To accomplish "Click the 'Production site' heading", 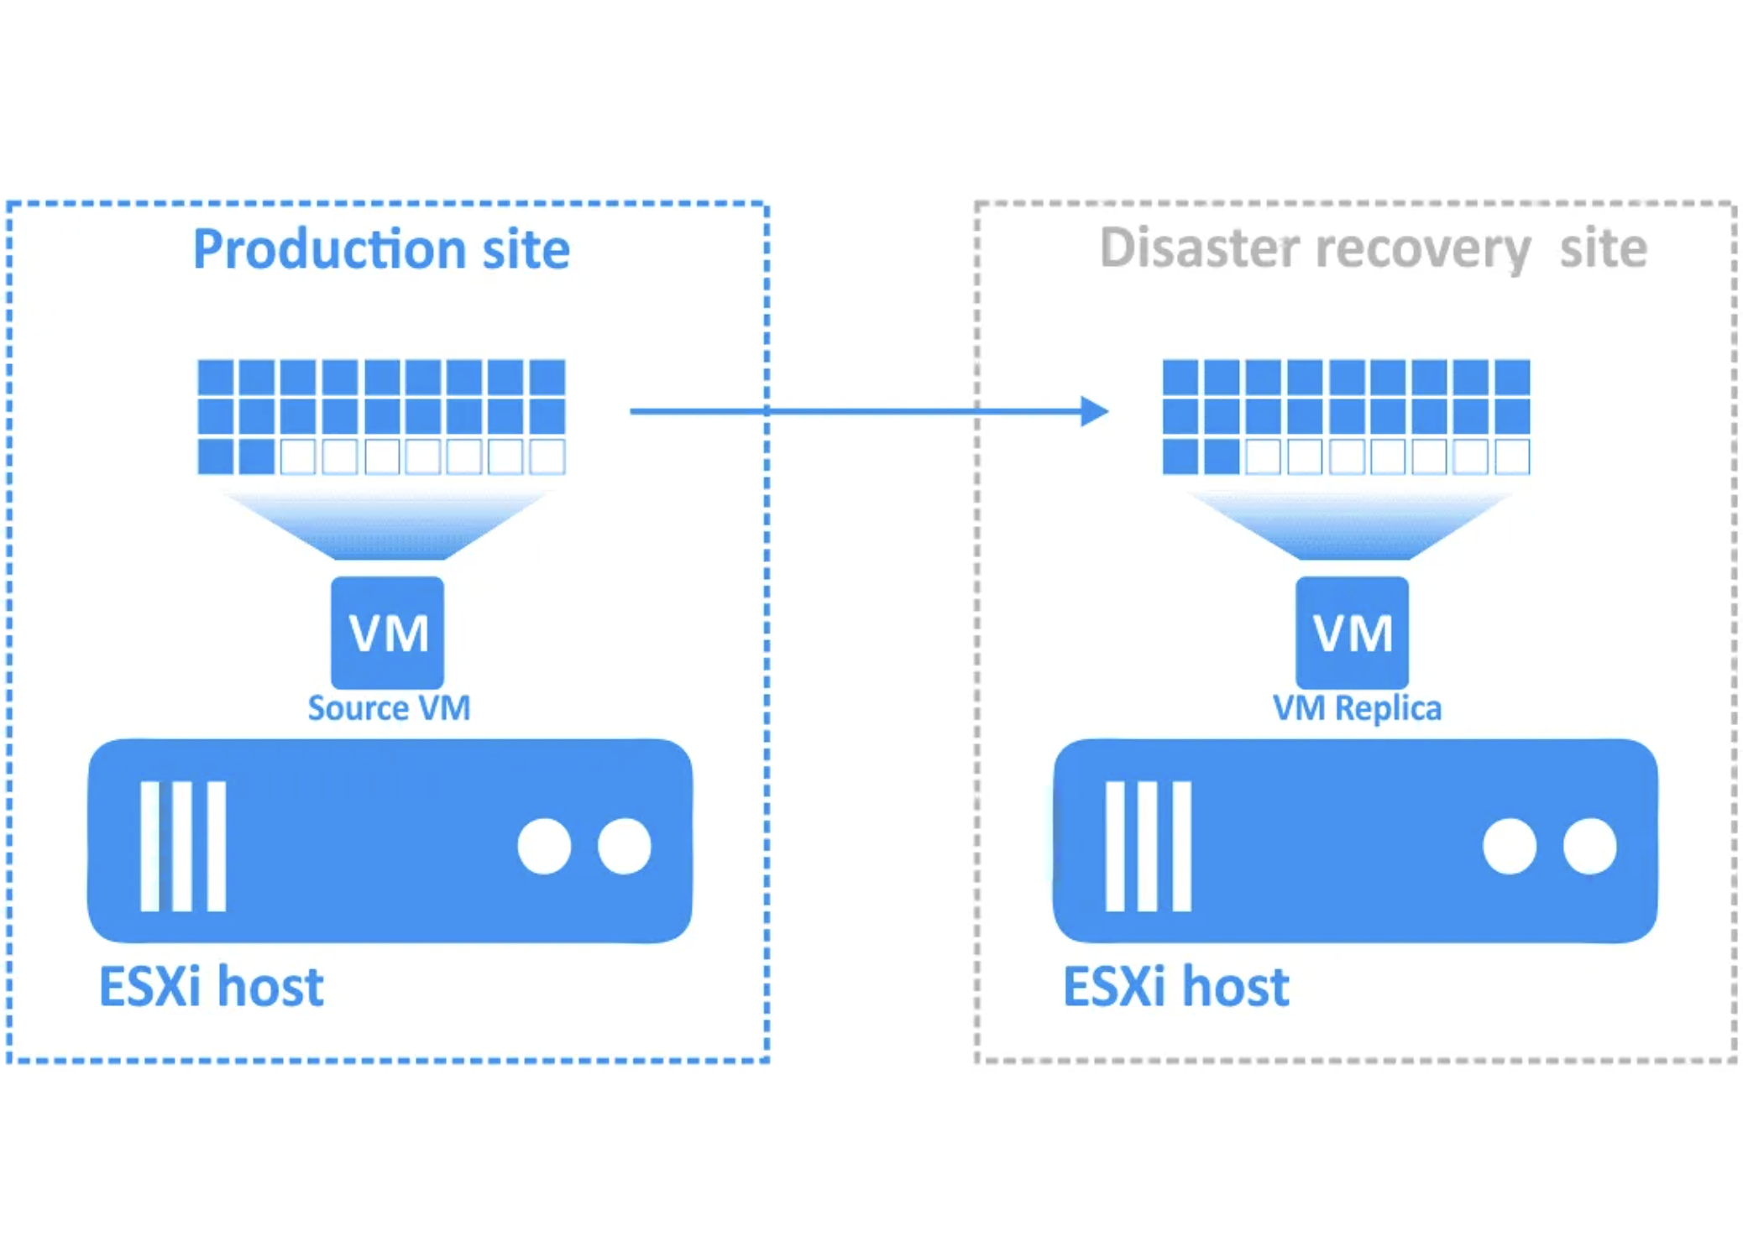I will [x=381, y=249].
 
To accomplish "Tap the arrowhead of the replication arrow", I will [x=1094, y=411].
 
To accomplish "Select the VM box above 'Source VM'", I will [x=388, y=632].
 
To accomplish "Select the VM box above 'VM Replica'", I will [x=1352, y=632].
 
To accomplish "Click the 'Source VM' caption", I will [x=389, y=708].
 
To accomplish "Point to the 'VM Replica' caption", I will [x=1357, y=708].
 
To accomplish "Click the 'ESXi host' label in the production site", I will [x=212, y=986].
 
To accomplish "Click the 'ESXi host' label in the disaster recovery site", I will [x=1175, y=986].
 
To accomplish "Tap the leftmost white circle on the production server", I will [x=544, y=846].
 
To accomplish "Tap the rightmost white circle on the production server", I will [x=624, y=846].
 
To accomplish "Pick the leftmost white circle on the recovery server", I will [x=1509, y=846].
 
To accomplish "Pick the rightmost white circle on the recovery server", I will [x=1589, y=846].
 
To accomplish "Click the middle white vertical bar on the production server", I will [x=183, y=846].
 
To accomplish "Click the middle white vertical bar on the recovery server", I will [x=1148, y=846].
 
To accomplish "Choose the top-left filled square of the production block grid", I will [x=216, y=377].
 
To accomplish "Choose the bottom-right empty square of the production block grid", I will [x=547, y=457].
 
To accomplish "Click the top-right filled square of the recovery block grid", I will [x=1512, y=377].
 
